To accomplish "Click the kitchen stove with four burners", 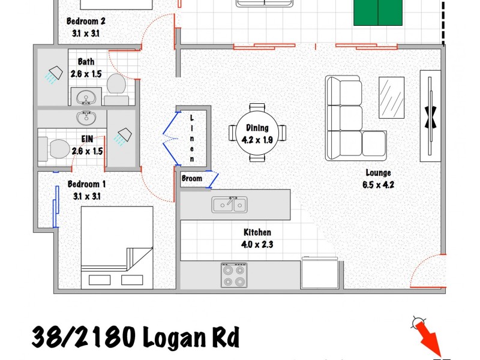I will [233, 275].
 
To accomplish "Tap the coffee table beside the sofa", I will [392, 98].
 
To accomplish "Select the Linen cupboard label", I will [192, 139].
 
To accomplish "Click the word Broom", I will [192, 178].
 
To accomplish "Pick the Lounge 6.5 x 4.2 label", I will [378, 179].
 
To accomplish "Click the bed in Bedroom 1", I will [117, 247].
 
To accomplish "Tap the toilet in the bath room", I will [116, 86].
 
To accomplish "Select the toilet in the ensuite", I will [55, 148].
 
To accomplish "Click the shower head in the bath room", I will [55, 74].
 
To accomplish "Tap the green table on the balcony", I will [377, 12].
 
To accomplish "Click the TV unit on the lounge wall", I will [430, 116].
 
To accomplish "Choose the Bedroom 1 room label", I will [86, 190].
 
